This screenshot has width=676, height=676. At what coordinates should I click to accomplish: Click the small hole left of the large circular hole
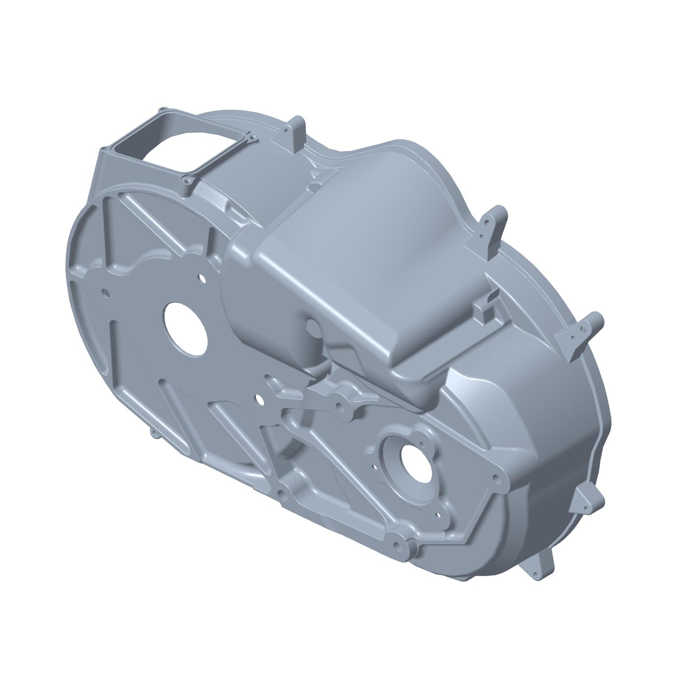click(x=106, y=293)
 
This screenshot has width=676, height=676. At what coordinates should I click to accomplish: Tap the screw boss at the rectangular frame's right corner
click(x=250, y=135)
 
